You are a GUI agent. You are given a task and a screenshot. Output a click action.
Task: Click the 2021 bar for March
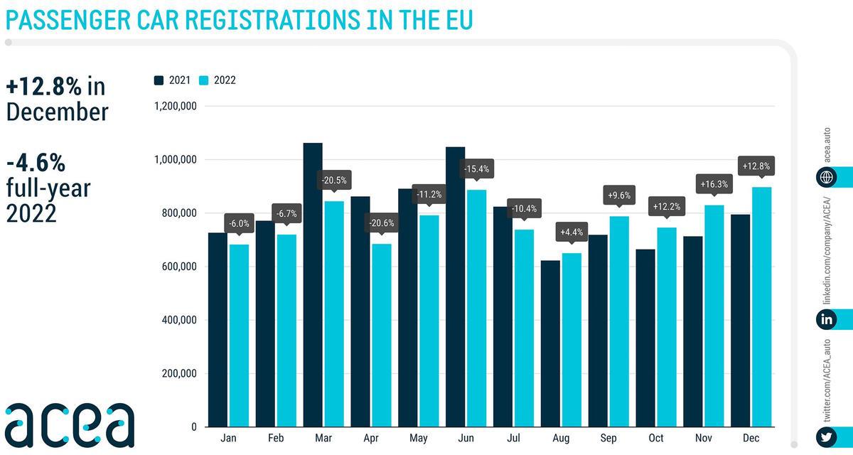tap(313, 284)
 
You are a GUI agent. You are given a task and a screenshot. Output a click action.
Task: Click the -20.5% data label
tap(333, 181)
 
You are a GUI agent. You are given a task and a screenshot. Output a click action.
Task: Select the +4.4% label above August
tap(571, 232)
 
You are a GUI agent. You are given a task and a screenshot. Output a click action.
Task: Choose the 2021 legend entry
tap(172, 80)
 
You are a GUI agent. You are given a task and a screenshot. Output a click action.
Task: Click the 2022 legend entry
tap(218, 80)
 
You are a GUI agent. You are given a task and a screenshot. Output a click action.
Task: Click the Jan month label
tap(228, 439)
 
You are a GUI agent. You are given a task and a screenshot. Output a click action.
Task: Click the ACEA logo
tap(69, 424)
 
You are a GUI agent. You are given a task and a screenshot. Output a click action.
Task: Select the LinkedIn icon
tap(826, 319)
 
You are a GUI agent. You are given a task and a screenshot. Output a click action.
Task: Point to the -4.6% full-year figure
tap(36, 164)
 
